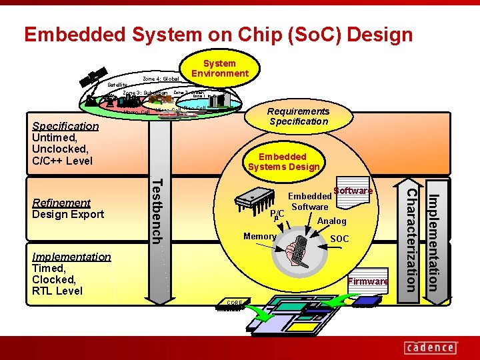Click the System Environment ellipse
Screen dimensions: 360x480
click(x=219, y=69)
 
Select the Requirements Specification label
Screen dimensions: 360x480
click(x=298, y=117)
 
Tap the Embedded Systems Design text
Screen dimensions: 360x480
click(x=283, y=162)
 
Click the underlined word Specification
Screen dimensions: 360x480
click(x=65, y=126)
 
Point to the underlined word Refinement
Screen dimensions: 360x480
click(x=61, y=203)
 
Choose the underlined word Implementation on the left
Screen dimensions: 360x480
click(x=71, y=257)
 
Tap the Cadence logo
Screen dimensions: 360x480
click(x=430, y=347)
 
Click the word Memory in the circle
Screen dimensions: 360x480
click(x=259, y=237)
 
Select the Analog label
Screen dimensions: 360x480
click(x=331, y=221)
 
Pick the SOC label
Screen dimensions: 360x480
click(x=339, y=239)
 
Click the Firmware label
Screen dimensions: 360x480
click(x=368, y=281)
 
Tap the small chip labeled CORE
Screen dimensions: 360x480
click(x=234, y=305)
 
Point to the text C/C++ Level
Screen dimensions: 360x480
click(x=62, y=161)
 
